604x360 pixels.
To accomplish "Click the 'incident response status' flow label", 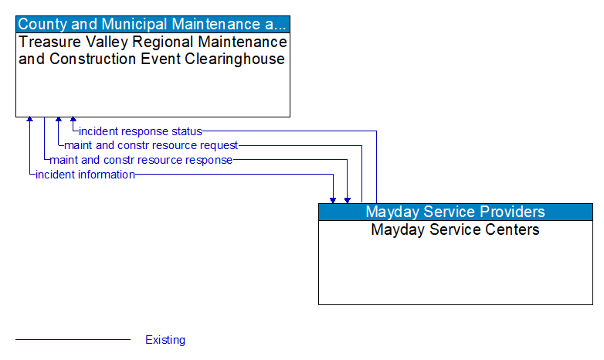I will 140,131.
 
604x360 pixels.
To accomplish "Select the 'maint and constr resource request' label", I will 151,145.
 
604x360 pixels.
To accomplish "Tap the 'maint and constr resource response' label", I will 141,160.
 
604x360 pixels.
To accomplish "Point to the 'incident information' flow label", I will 85,175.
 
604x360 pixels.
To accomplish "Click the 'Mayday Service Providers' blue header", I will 455,212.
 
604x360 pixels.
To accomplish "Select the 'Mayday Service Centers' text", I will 455,229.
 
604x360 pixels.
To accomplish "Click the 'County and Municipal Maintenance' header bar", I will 153,24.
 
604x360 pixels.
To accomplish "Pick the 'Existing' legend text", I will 165,340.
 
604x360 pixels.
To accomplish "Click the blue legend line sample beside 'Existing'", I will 73,339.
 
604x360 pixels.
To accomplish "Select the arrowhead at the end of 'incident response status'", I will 73,121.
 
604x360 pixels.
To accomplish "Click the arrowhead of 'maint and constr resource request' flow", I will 59,121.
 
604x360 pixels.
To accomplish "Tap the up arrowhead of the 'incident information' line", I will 30,121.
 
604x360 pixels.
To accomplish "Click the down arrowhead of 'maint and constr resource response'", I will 348,199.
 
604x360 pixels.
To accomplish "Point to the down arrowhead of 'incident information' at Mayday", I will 333,199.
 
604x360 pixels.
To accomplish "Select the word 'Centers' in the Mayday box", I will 511,229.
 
